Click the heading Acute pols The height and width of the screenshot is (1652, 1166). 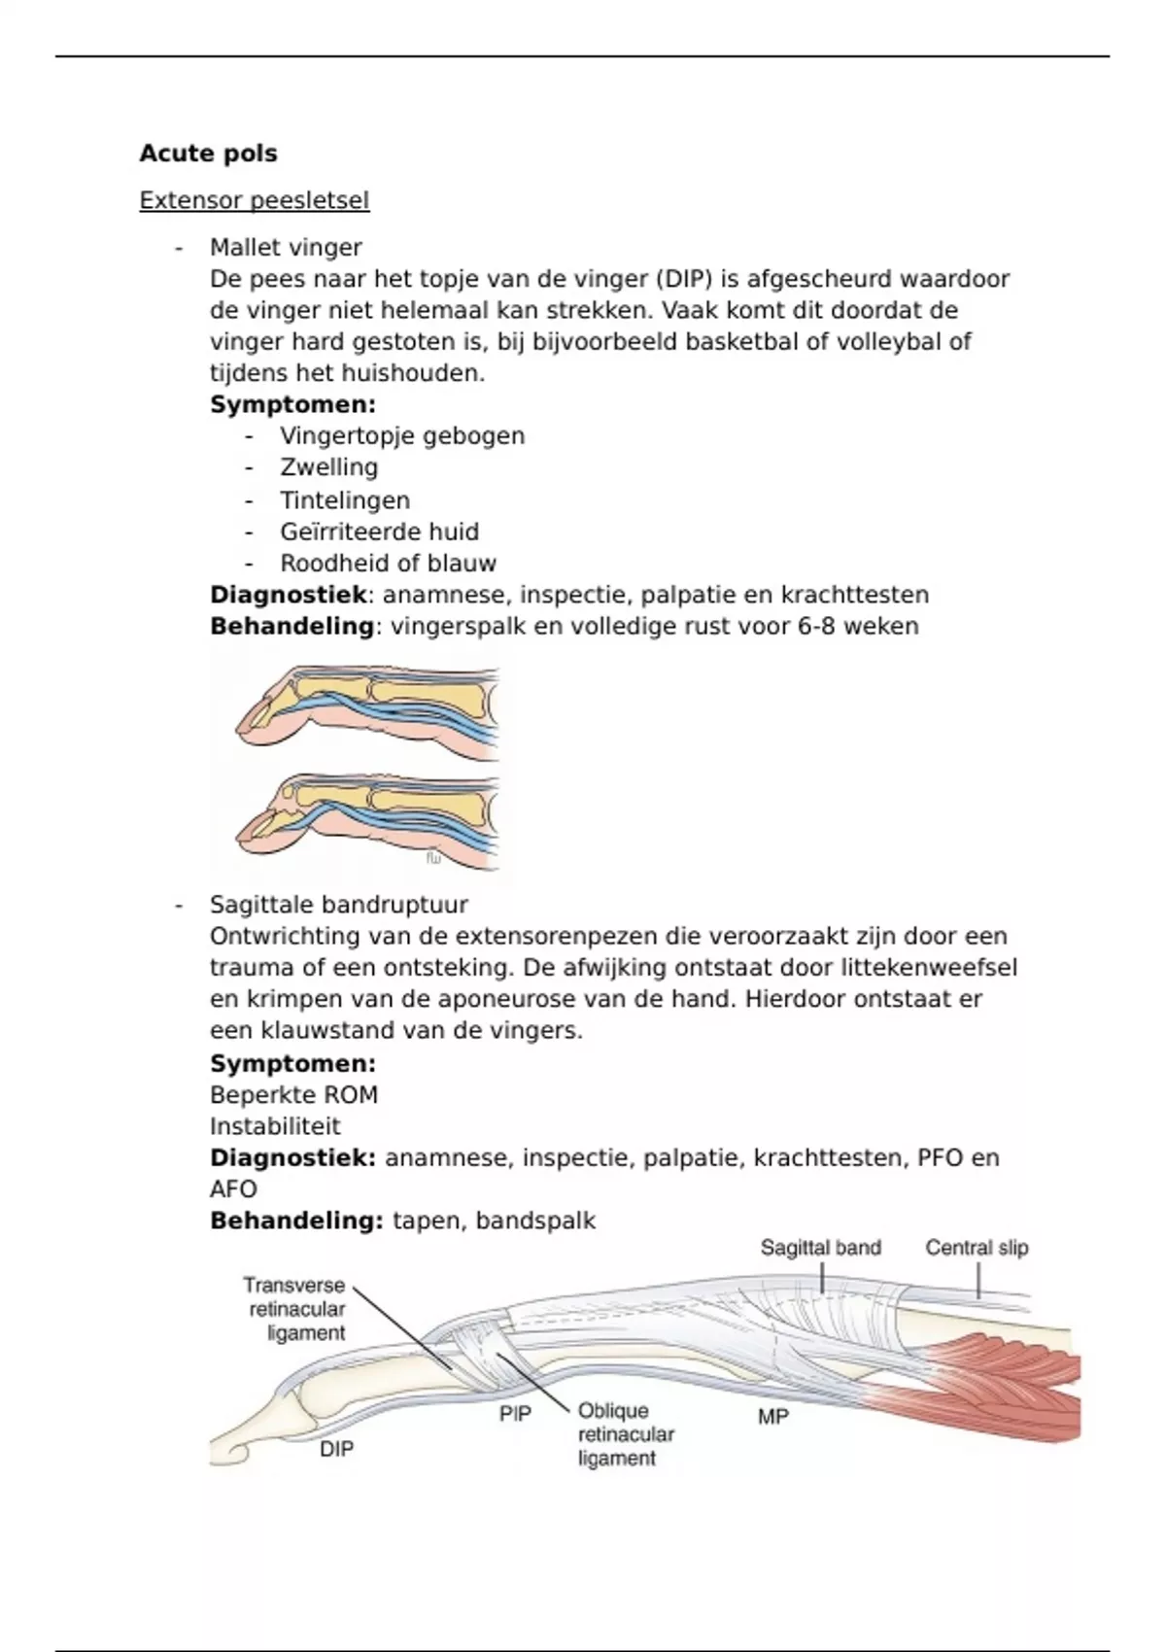click(208, 154)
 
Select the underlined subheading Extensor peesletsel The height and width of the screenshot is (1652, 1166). click(254, 201)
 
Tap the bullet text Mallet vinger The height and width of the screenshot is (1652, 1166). click(286, 248)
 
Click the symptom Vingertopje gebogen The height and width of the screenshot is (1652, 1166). click(402, 436)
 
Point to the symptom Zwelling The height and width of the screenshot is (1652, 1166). click(328, 467)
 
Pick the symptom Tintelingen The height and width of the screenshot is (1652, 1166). click(345, 500)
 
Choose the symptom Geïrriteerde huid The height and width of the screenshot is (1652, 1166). click(379, 533)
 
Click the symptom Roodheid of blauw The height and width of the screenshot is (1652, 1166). click(388, 564)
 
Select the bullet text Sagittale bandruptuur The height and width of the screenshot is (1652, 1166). click(339, 905)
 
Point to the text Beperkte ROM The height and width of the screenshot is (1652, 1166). click(293, 1095)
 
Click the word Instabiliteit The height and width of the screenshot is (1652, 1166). click(275, 1126)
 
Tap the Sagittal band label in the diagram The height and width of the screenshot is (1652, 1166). click(820, 1248)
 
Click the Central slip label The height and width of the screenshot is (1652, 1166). click(976, 1248)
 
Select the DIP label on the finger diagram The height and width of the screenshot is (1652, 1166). click(337, 1449)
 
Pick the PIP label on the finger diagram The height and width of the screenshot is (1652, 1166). click(515, 1414)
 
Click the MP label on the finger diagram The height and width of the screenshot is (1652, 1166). click(772, 1417)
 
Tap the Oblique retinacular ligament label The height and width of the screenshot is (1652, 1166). click(625, 1434)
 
